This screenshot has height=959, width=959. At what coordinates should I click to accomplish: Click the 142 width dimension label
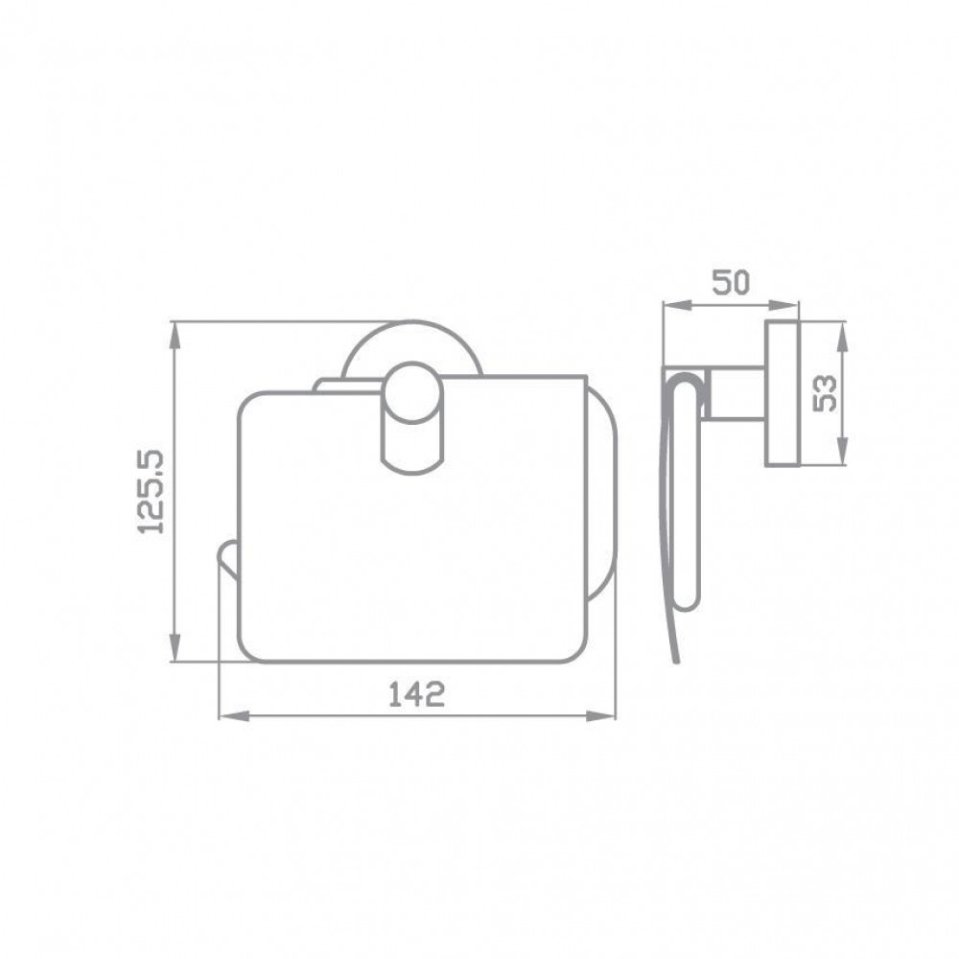[417, 694]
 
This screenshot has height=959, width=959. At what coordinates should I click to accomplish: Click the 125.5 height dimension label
[152, 492]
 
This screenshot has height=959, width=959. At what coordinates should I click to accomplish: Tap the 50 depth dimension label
[730, 283]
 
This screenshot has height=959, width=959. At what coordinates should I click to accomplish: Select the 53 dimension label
[825, 393]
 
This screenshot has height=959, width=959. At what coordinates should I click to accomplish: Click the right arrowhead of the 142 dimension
[602, 715]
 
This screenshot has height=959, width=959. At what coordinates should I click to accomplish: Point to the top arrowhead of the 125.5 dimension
[175, 335]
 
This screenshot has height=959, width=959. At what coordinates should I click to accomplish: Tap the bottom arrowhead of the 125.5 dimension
[175, 647]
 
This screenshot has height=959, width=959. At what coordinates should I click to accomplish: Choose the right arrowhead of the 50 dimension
[784, 304]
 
